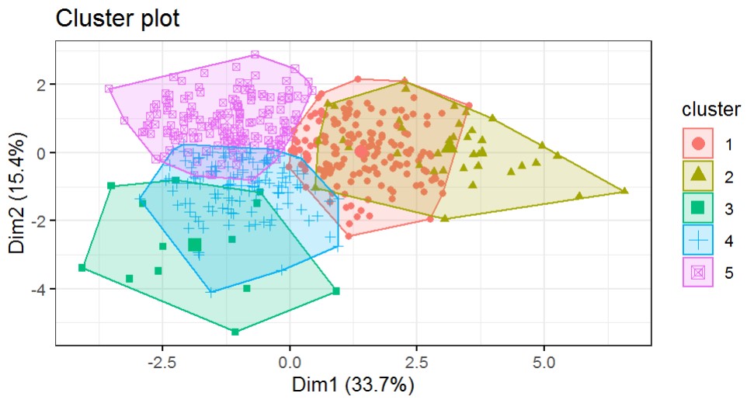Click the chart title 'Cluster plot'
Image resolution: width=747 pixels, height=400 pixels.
(x=117, y=18)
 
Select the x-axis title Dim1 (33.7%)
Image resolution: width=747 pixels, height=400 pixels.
(x=353, y=384)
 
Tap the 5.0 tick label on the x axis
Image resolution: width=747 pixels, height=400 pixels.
(x=543, y=362)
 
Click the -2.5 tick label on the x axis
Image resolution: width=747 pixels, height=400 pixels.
(x=162, y=362)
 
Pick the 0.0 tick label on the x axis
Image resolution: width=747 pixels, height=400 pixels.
(x=290, y=362)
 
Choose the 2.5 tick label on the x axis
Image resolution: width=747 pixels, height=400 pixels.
(x=416, y=362)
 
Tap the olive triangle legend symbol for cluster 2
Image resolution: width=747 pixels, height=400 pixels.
(x=698, y=176)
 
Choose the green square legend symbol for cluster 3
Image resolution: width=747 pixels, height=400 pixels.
(x=698, y=207)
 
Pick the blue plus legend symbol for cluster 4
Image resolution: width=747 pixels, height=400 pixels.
(x=698, y=240)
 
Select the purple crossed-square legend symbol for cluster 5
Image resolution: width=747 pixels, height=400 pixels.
(x=698, y=273)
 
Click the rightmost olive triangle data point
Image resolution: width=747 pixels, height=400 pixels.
(x=625, y=190)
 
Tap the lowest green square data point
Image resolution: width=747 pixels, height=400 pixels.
(x=235, y=332)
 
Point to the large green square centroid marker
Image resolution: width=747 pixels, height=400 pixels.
(x=194, y=245)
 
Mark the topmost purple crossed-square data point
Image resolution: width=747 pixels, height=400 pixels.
(x=255, y=55)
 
